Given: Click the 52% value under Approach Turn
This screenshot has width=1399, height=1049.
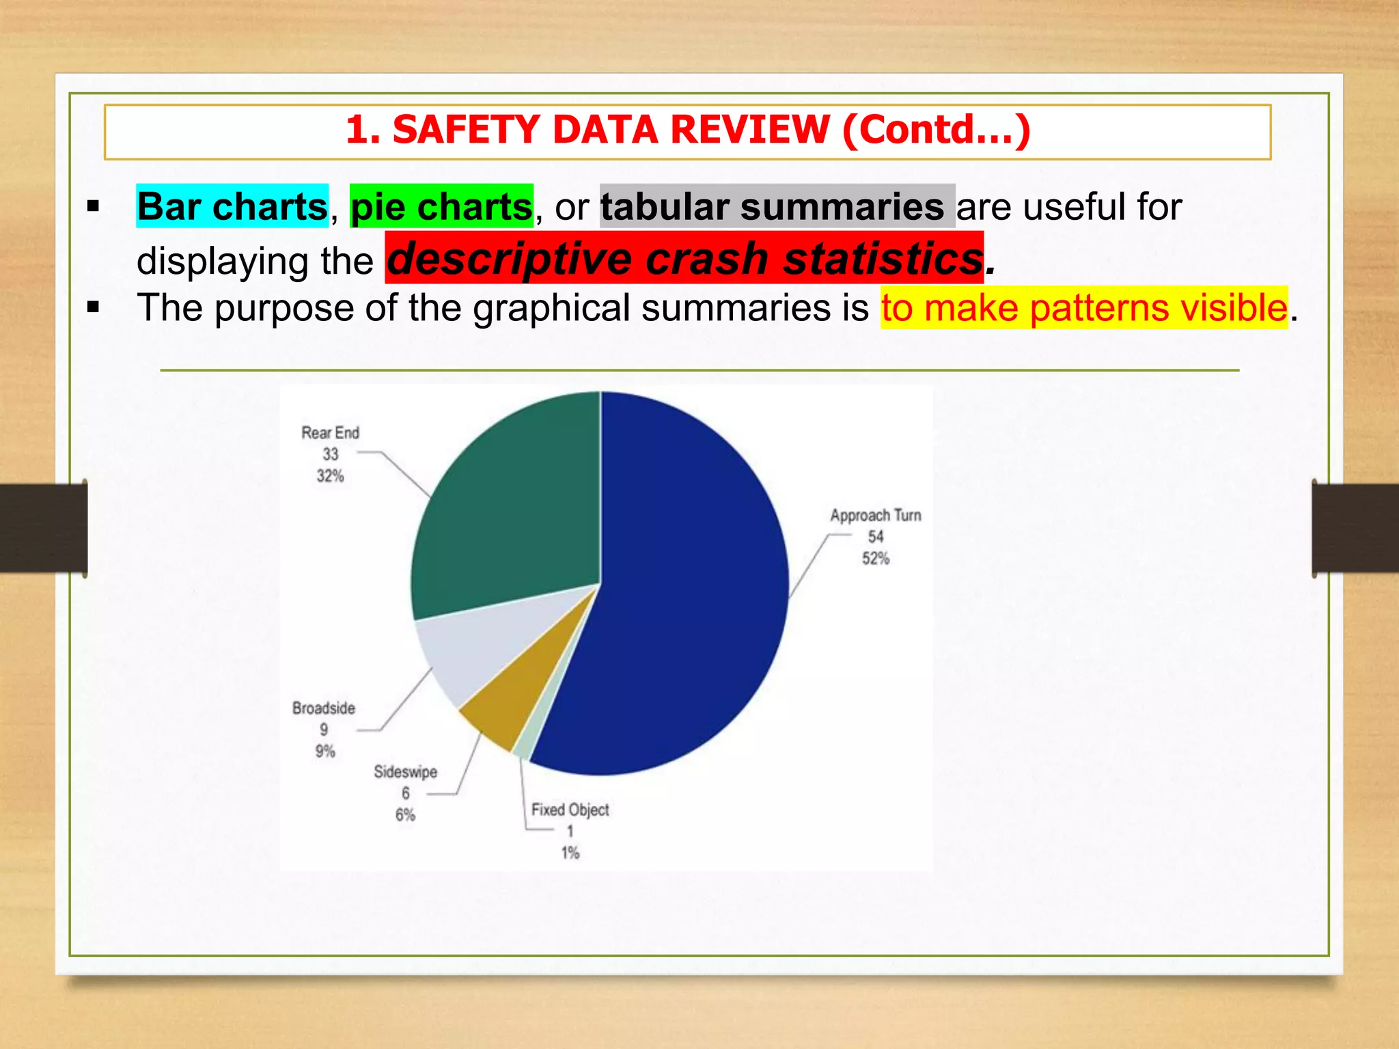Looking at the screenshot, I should click(x=876, y=559).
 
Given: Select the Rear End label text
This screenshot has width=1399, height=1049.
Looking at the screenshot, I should click(x=330, y=433).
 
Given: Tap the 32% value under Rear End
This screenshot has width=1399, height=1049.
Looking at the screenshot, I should click(x=330, y=476).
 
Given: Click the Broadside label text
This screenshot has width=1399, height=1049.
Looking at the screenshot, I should click(x=324, y=708).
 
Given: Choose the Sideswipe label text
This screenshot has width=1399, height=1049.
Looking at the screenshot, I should click(x=405, y=772).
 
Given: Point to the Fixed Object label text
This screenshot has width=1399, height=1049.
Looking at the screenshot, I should click(x=570, y=810).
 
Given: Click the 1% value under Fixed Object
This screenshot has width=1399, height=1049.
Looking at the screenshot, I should click(x=570, y=853).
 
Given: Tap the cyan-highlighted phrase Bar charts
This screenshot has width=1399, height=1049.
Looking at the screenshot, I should click(x=232, y=206).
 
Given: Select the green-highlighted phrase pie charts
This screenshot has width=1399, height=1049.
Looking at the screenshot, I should click(x=441, y=206).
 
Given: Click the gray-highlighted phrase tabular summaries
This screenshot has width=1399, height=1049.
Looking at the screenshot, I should click(x=772, y=206).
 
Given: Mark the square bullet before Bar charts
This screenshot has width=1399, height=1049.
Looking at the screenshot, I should click(x=94, y=206).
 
